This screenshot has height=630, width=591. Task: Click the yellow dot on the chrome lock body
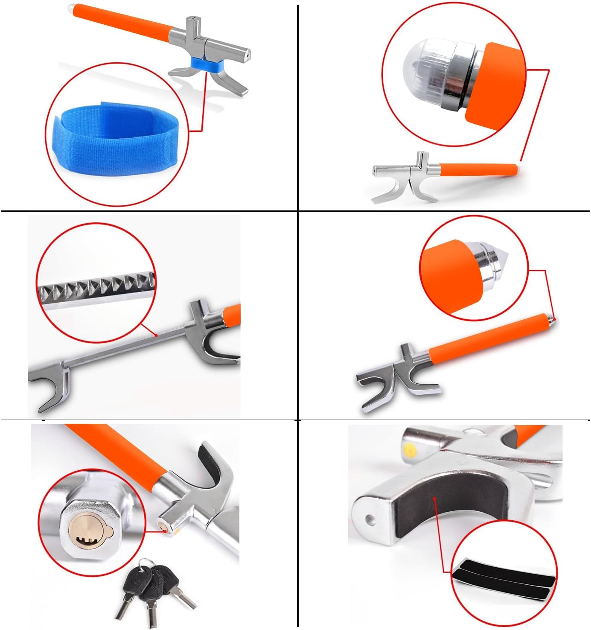pos(410,449)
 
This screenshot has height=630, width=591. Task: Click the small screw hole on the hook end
pos(370,519)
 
